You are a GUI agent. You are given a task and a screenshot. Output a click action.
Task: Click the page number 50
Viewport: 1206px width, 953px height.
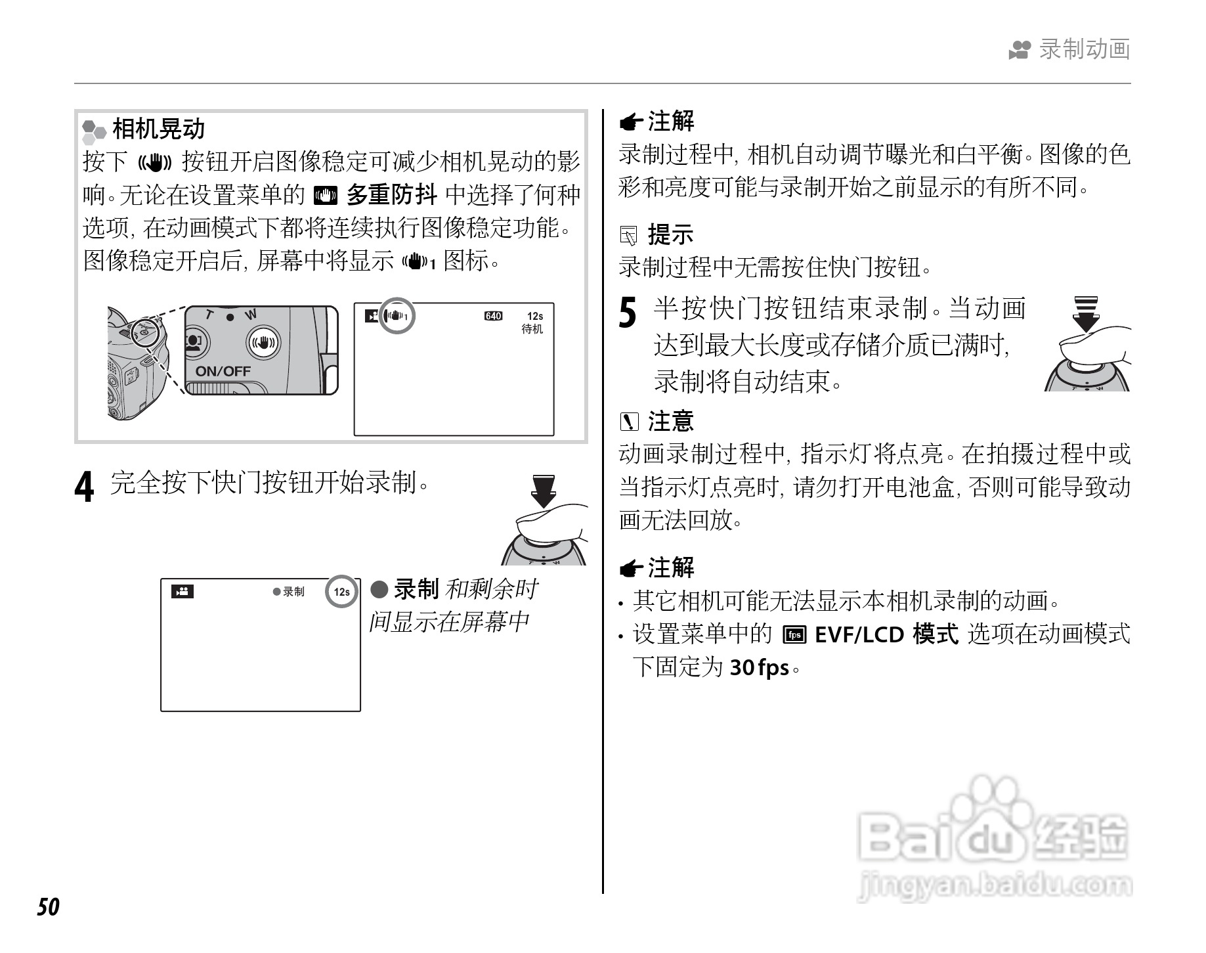[48, 907]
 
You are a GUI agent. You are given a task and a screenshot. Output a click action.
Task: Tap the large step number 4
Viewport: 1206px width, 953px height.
[84, 487]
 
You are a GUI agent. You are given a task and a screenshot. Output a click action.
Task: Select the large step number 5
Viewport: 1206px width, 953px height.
[628, 311]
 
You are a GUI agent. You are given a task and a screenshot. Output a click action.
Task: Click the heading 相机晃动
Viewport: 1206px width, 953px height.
[159, 129]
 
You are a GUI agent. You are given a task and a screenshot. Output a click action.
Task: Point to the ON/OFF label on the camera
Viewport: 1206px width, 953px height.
[223, 371]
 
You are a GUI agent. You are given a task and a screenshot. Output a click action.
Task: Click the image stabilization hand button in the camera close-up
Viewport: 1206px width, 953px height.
[263, 343]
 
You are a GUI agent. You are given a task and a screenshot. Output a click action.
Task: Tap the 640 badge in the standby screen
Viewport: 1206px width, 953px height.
[493, 316]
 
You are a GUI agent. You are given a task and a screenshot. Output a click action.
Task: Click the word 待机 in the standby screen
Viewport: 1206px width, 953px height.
[532, 328]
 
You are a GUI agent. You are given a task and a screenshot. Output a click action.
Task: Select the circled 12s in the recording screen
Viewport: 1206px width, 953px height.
[342, 592]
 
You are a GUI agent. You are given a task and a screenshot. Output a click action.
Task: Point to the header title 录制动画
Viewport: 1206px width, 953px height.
[1085, 49]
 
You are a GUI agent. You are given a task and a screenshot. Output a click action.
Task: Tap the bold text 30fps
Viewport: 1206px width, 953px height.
[760, 668]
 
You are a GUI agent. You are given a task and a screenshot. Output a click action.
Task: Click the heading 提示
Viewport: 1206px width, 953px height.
[670, 234]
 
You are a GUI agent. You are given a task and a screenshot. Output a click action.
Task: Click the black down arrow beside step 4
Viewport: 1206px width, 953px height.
[544, 491]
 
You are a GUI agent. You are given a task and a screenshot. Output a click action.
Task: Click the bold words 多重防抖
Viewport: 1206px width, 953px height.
[391, 194]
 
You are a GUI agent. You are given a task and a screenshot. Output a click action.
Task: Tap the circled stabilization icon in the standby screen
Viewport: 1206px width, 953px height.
[398, 317]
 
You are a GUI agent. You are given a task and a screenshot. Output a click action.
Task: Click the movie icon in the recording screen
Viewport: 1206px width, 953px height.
[183, 592]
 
